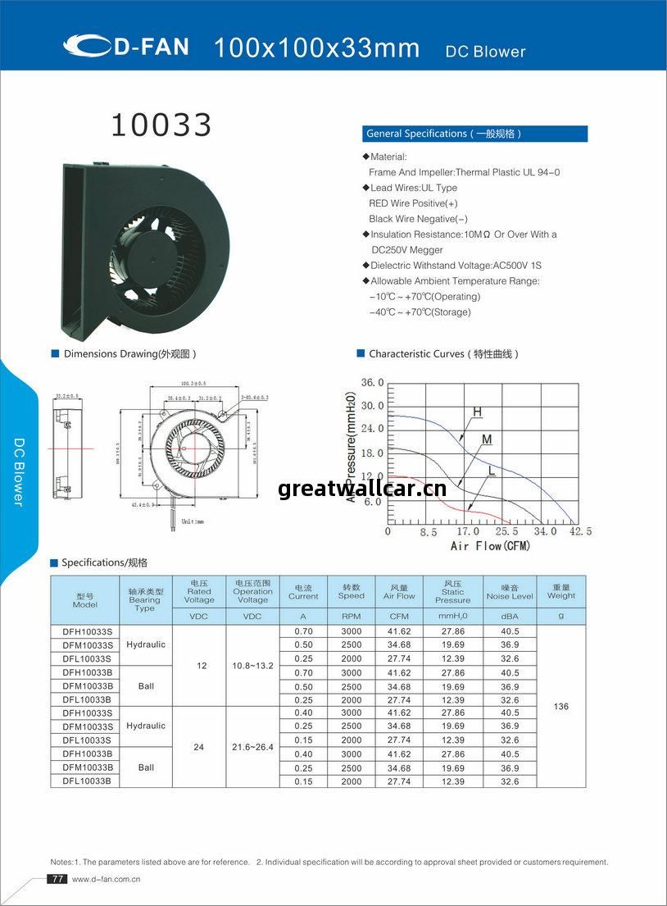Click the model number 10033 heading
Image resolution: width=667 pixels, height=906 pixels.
coord(161,125)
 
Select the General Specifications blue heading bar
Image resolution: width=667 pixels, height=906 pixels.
coord(474,134)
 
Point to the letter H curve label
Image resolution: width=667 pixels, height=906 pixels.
coord(476,412)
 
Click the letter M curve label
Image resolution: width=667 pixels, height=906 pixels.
coord(487,439)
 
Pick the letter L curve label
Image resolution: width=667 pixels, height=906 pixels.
coord(492,470)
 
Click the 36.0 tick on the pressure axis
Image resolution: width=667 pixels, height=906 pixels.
coord(373,382)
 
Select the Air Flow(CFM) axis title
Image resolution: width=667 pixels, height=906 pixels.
coord(490,546)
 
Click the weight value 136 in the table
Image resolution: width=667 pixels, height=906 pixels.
coord(561,707)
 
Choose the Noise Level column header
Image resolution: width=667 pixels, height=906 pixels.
coord(510,592)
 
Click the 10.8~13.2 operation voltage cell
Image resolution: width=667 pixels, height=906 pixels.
coord(252,666)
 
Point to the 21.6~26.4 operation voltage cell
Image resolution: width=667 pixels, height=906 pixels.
coord(252,747)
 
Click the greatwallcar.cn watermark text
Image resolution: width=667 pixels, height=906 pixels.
coord(362,489)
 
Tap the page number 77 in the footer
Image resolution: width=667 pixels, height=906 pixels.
coord(57,879)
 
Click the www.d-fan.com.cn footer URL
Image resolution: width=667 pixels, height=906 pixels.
coord(107,879)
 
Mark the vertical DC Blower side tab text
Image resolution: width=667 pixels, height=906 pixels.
coord(19,471)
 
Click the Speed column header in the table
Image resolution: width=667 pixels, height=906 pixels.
coord(352,592)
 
